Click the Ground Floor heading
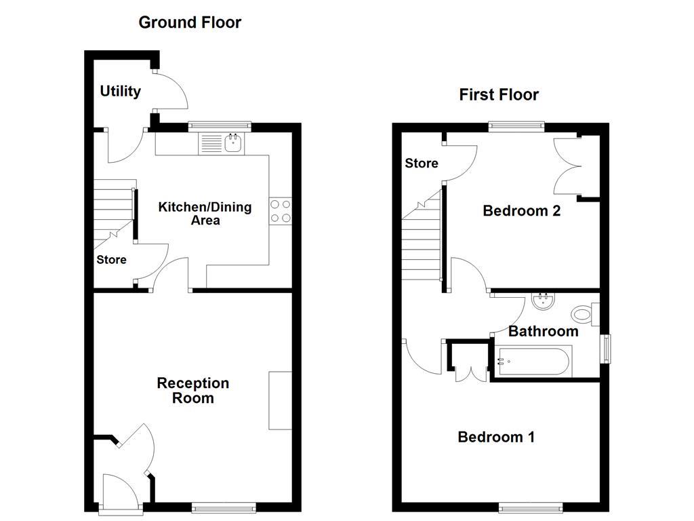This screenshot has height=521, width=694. (x=190, y=22)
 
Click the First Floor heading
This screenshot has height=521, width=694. (x=499, y=95)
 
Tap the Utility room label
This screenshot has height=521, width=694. (x=121, y=91)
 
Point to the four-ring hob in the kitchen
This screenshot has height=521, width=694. (x=281, y=211)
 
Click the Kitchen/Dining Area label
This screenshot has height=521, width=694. (x=205, y=213)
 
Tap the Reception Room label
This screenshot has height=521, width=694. (x=193, y=391)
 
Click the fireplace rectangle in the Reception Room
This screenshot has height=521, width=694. (x=280, y=400)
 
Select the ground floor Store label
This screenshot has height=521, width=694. (x=111, y=260)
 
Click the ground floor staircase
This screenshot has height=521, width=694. (x=111, y=207)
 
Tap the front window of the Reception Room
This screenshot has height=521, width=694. (x=224, y=507)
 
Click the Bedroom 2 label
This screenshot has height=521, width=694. (x=521, y=211)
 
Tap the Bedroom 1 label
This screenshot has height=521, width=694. (x=496, y=437)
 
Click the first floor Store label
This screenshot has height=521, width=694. (x=422, y=163)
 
